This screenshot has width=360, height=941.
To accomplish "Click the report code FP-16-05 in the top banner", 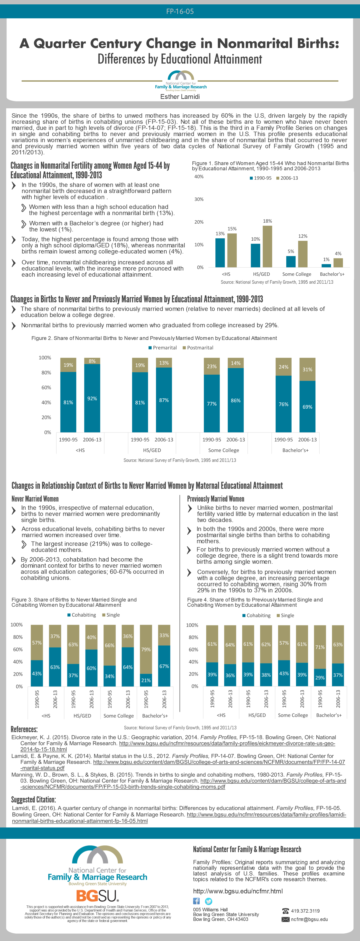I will tap(180, 11).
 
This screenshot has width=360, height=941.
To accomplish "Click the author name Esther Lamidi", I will tap(180, 97).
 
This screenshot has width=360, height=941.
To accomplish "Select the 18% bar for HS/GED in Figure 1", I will tap(267, 246).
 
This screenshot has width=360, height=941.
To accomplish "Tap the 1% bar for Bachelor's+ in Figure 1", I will tap(326, 265).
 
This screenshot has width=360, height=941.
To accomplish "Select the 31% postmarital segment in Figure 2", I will tap(307, 369).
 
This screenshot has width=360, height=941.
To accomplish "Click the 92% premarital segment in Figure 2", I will tap(92, 398).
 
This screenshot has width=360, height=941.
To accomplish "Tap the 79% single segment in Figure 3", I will tap(146, 649).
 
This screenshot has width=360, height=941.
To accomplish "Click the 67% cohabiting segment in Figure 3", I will tap(164, 666).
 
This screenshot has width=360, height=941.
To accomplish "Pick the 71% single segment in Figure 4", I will tap(320, 647).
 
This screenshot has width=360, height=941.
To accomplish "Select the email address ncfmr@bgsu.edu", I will tap(309, 919).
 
